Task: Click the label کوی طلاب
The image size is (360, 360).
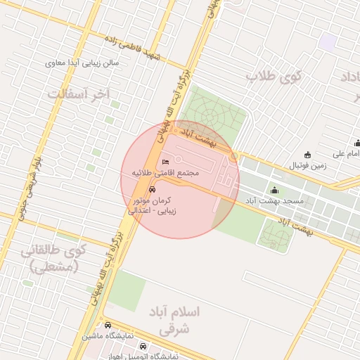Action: pos(272,77)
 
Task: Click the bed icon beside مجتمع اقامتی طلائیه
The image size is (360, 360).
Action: pos(166,162)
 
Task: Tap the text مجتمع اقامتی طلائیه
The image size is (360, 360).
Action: pos(166,173)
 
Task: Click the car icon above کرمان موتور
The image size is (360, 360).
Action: pos(153,190)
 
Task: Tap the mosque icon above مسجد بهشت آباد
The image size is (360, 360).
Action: pos(274,190)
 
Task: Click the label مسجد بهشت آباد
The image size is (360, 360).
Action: pos(274,201)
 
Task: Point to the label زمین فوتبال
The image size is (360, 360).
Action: pos(307,166)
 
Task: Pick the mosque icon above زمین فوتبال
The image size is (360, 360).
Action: pos(307,155)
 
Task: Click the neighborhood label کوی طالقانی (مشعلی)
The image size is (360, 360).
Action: pos(53,257)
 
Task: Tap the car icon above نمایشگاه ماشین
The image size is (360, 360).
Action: pos(108,326)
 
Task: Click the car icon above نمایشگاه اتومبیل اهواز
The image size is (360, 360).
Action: pos(144,346)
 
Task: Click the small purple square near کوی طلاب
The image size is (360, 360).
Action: pos(327,41)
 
